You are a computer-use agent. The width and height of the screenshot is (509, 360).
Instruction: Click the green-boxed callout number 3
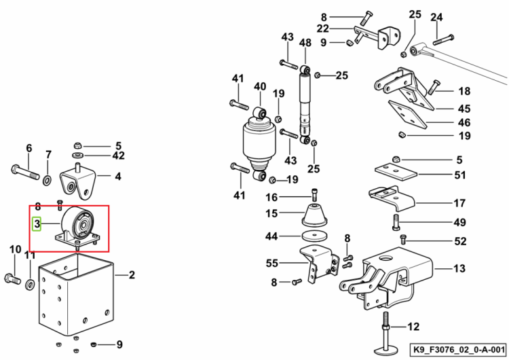pos(37,223)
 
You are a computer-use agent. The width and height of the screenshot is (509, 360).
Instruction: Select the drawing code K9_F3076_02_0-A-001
pos(459,350)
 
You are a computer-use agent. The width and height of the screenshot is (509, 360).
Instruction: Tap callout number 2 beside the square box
pos(132,275)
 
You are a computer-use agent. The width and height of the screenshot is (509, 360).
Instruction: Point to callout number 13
pos(459,268)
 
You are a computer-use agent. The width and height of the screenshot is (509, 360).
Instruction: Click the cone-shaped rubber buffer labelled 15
pos(314,215)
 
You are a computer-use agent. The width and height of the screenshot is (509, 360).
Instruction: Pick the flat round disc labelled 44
pos(314,236)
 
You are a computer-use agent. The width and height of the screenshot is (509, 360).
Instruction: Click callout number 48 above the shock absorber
pos(305,43)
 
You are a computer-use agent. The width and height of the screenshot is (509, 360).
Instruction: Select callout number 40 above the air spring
pos(260,86)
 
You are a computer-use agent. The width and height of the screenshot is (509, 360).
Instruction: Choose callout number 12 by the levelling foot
pos(413,326)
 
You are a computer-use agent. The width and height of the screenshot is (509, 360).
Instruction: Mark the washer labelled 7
pos(47,179)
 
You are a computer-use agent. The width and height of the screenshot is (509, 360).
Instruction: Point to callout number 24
pos(436,17)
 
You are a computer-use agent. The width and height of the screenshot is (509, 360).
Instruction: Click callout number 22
pos(322,29)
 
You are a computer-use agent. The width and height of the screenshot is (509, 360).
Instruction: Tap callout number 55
pos(272,263)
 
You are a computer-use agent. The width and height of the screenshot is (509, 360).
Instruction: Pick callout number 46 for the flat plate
pos(464,122)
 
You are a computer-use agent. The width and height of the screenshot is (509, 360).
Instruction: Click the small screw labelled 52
pos(404,239)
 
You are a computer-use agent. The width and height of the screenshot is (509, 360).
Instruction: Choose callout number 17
pos(459,203)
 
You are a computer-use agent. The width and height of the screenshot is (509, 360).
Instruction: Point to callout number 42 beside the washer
pos(118,156)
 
